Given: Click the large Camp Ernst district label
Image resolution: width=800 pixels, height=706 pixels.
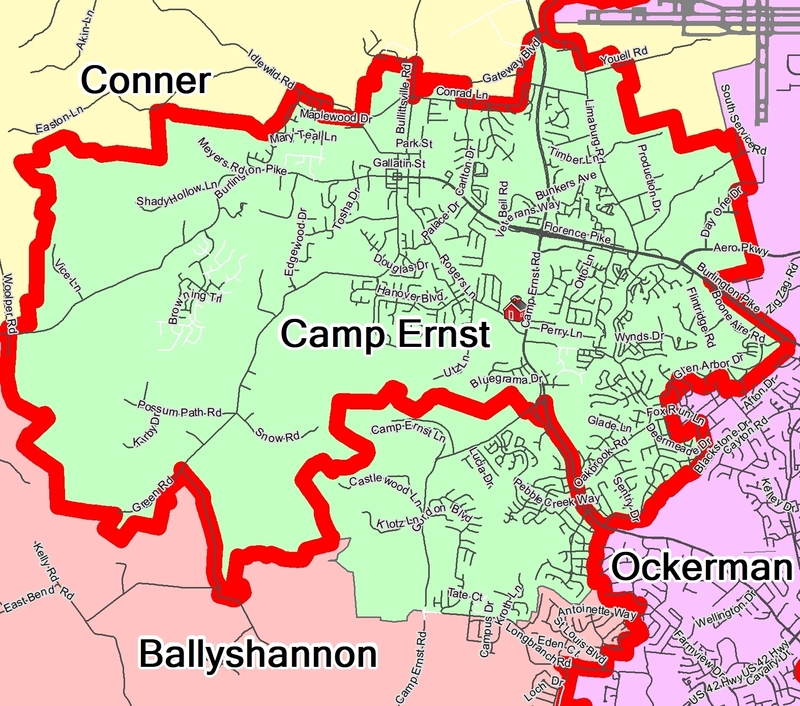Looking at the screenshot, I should [385, 334].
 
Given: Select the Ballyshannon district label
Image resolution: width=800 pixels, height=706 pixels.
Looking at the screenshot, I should [257, 655].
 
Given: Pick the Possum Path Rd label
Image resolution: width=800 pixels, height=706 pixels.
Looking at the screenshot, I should [179, 410].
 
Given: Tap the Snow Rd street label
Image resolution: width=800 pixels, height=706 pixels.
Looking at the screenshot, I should [277, 435].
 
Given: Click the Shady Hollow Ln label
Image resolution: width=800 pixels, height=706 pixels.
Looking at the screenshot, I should [178, 194].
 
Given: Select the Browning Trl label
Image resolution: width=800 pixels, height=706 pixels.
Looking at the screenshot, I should [193, 304].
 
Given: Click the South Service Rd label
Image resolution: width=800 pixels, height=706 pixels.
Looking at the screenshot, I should [743, 120].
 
